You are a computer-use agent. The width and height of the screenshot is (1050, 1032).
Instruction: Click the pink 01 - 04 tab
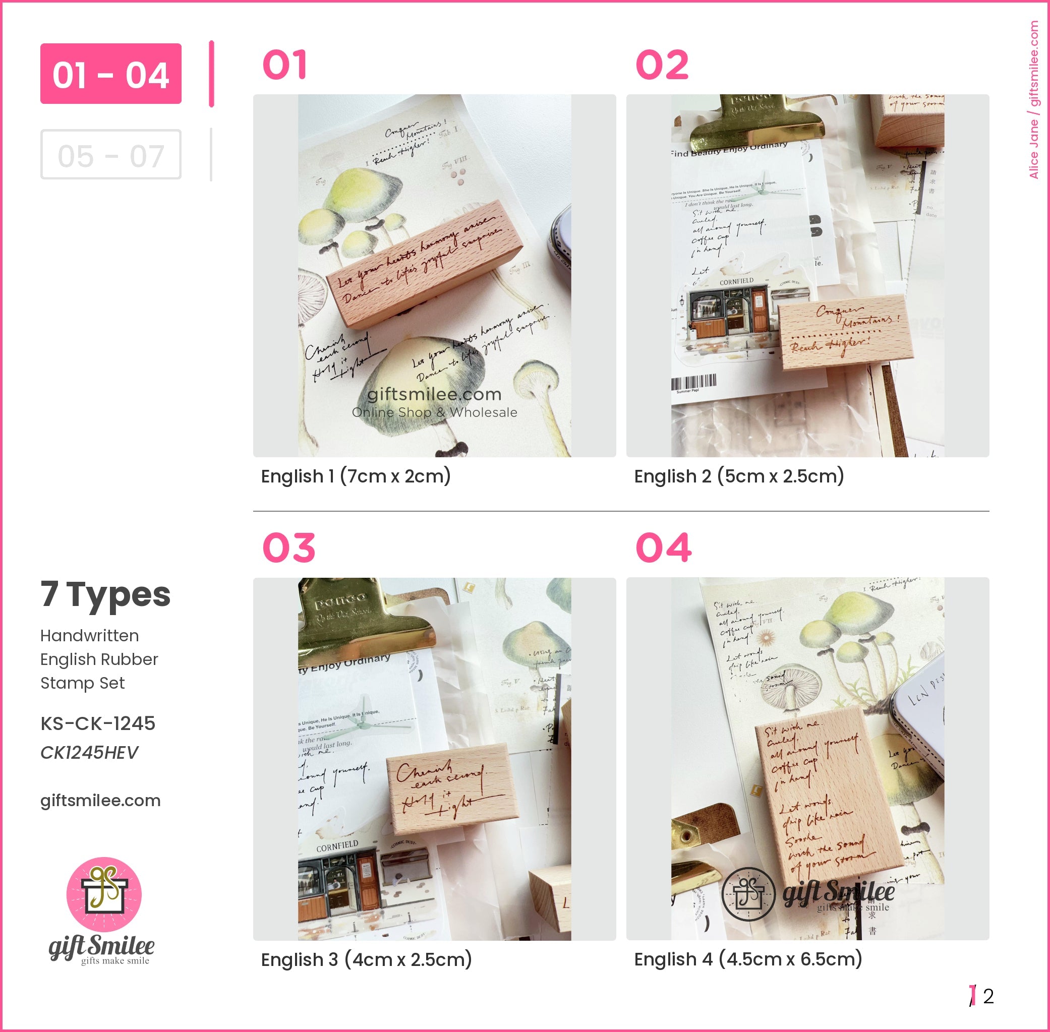110,74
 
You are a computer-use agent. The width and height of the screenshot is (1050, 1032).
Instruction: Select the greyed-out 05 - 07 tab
110,155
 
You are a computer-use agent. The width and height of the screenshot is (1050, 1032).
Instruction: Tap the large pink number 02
662,65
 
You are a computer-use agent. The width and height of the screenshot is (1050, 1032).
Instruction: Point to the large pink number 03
289,548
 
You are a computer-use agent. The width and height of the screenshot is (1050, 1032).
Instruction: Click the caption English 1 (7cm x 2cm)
356,476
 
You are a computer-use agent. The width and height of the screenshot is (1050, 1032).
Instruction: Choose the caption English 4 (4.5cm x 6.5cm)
748,959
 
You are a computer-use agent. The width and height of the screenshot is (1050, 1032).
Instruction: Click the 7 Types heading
106,594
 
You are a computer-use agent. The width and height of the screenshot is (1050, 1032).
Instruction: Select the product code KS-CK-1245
97,723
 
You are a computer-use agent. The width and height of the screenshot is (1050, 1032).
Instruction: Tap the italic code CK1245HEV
89,752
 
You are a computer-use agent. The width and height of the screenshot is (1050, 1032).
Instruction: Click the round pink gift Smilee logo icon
104,895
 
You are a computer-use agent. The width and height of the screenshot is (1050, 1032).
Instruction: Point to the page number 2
988,996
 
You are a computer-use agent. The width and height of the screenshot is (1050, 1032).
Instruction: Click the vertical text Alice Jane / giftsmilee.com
1034,100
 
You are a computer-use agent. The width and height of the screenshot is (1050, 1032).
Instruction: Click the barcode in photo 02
693,382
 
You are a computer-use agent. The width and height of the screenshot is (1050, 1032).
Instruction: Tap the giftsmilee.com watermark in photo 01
434,395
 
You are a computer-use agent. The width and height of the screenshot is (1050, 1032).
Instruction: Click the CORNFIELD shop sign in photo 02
736,281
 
